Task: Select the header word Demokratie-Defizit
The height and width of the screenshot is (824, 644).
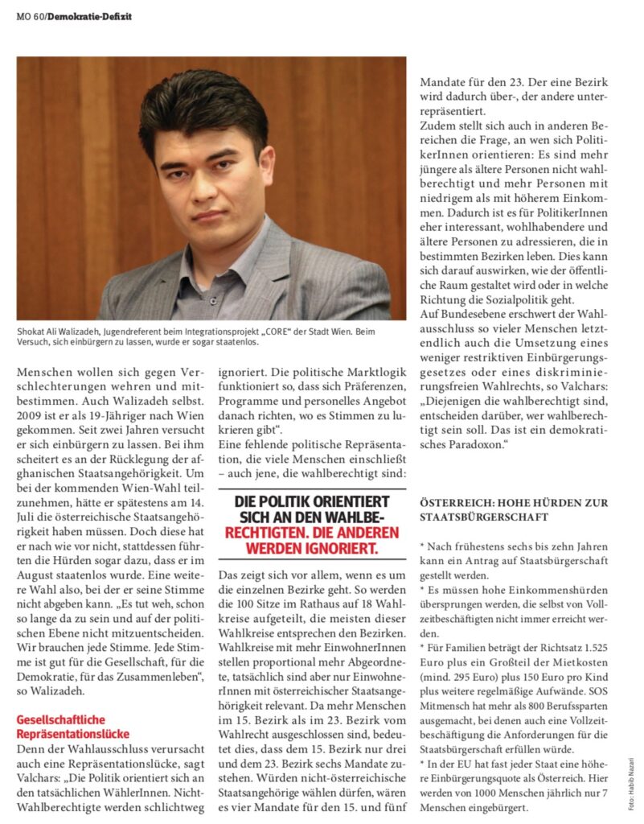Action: pos(89,16)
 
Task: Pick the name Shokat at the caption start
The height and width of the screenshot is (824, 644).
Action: pos(31,331)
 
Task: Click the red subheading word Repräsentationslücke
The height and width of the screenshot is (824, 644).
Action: pos(73,734)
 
